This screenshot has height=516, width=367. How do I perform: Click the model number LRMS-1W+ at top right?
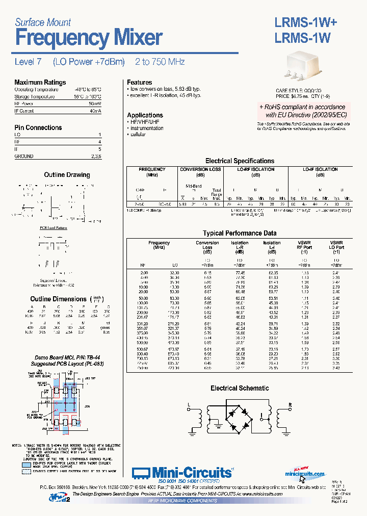303,22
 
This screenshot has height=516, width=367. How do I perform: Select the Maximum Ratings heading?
40,82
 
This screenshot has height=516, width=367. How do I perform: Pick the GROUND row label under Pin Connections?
24,156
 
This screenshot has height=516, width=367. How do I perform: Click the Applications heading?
145,115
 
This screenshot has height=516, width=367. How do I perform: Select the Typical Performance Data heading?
239,233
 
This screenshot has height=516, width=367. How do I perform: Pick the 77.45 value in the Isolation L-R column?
239,273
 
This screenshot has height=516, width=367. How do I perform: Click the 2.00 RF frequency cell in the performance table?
143,273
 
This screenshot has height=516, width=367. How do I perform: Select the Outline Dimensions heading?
58,299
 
